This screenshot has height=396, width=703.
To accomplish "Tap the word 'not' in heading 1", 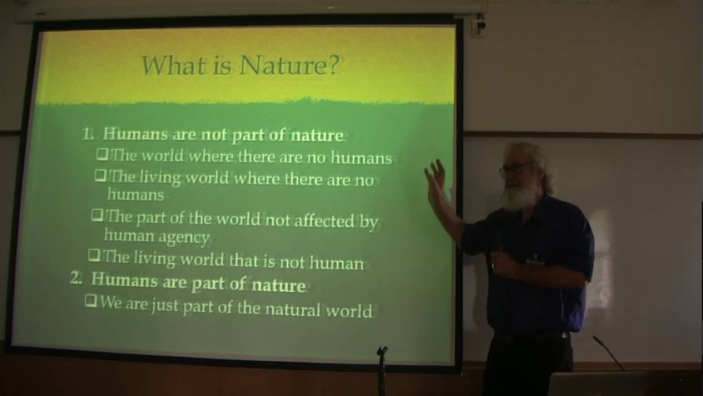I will [215, 135].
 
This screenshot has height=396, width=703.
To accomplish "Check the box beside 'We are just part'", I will [91, 301].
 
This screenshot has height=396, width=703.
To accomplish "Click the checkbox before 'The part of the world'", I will [97, 216].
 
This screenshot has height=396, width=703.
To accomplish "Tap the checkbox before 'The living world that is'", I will [94, 256].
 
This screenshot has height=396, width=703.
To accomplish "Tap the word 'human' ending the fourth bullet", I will [336, 263].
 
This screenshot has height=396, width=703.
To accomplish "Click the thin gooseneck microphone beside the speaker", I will [608, 352].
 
